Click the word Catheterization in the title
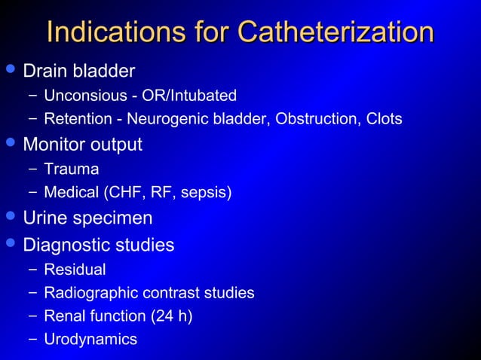(x=335, y=32)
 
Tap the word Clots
(x=381, y=119)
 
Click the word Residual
(x=75, y=270)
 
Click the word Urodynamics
(x=90, y=340)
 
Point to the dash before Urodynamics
(x=32, y=340)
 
